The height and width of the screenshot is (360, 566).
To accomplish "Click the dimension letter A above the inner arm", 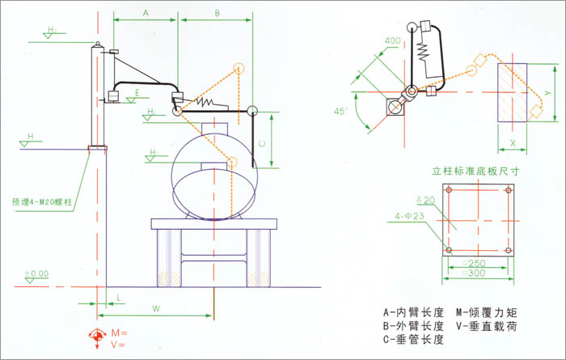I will (146, 13).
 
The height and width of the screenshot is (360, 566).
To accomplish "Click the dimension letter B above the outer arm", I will (218, 13).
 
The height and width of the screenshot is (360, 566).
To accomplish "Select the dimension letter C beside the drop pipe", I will (261, 141).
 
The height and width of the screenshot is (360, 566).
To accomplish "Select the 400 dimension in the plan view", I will (393, 40).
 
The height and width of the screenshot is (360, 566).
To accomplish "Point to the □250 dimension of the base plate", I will (476, 264).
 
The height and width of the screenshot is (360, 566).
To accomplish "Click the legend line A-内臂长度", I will (412, 311).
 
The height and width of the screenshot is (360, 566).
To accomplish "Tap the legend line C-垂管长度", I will (412, 338).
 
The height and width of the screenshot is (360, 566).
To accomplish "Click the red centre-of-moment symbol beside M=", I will (99, 334).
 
